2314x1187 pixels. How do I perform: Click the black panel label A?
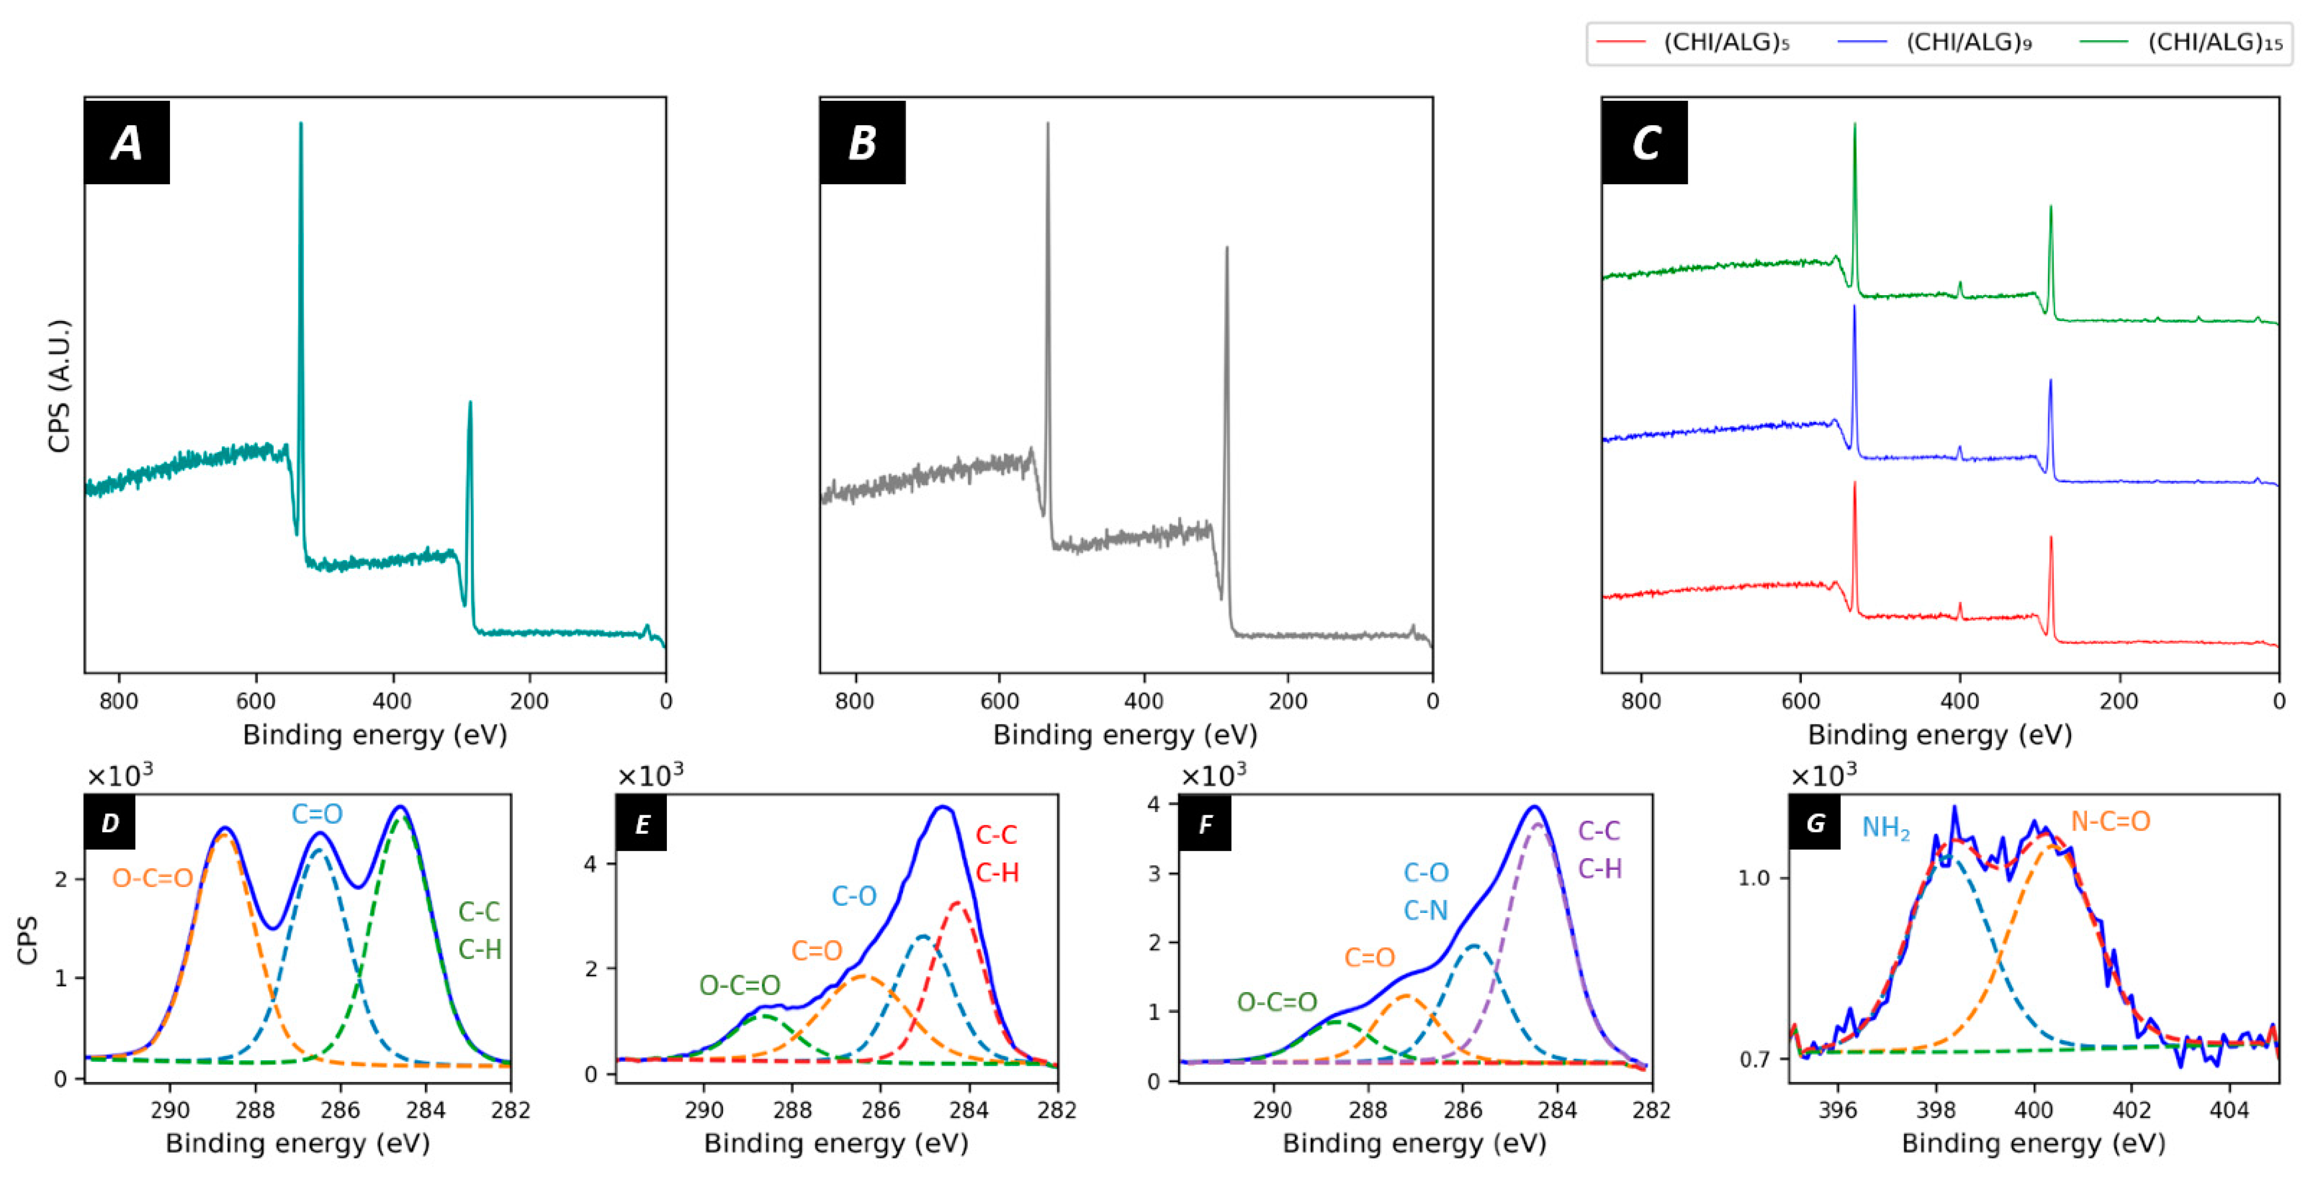[x=127, y=143]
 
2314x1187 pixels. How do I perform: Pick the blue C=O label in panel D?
[x=316, y=814]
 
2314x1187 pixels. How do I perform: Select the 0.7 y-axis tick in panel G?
[x=1754, y=1060]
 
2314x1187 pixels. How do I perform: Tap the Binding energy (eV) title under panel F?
[x=1414, y=1144]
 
